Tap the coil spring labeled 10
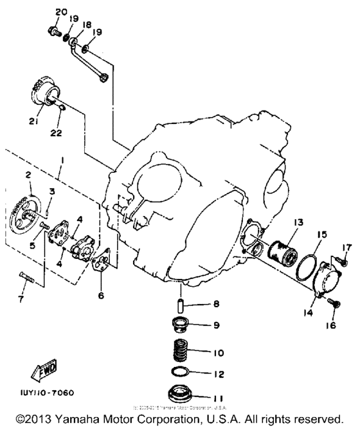point(183,353)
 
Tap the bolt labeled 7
point(25,278)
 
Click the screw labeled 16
point(333,301)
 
